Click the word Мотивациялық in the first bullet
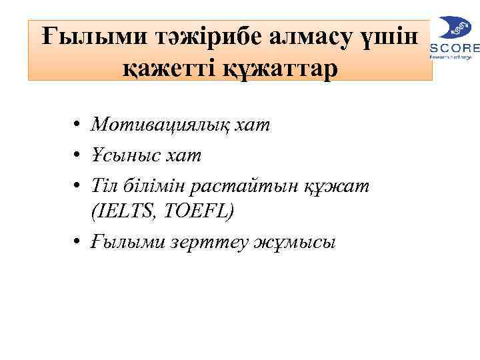click(x=167, y=125)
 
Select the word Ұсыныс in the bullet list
click(x=124, y=155)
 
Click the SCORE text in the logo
click(x=455, y=47)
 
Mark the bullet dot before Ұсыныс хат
click(x=79, y=155)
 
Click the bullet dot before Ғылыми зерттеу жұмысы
click(x=79, y=241)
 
